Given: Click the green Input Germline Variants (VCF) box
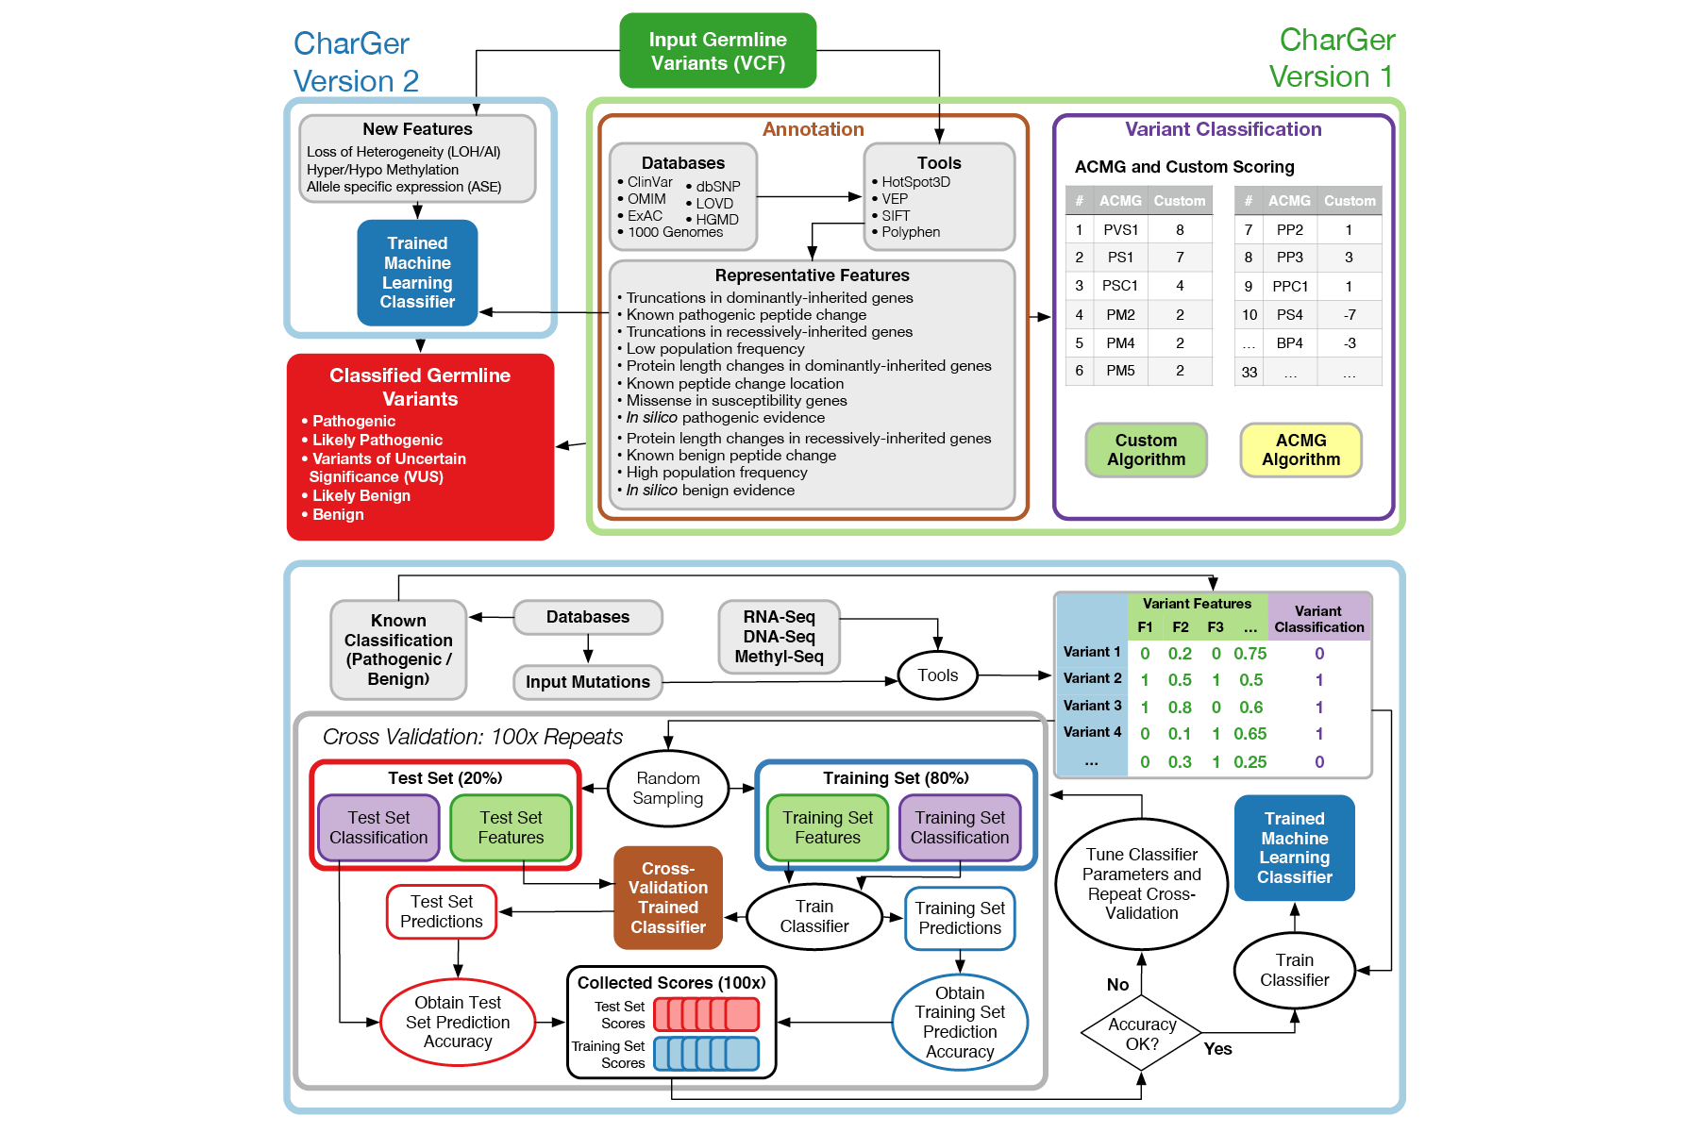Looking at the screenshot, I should [717, 51].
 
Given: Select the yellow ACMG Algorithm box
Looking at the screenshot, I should [1300, 450].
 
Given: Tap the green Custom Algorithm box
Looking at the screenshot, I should [1146, 450].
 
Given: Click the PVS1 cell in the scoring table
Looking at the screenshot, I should [1120, 230].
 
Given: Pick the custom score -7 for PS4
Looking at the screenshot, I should [1350, 315].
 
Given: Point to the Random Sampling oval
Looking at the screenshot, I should [667, 789].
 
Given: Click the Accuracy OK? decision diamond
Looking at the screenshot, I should [1142, 1034].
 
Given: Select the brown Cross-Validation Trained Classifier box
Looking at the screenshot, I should [667, 897].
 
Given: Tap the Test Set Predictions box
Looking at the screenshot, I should [441, 911].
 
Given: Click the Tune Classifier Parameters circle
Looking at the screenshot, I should [1141, 884].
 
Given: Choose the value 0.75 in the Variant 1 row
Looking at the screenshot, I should [1250, 654].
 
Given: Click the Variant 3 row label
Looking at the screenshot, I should [1092, 706].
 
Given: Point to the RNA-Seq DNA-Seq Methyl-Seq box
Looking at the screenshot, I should [779, 637].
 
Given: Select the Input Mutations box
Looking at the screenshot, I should [587, 682].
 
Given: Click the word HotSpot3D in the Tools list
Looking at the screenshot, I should [915, 182].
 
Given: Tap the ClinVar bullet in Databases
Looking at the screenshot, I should [649, 182].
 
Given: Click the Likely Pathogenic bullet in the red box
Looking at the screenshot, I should [377, 440].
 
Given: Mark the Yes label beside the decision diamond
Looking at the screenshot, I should [1217, 1049].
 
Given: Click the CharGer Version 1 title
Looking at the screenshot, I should [1332, 58].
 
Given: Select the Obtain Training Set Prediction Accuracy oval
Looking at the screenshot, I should [959, 1023].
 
